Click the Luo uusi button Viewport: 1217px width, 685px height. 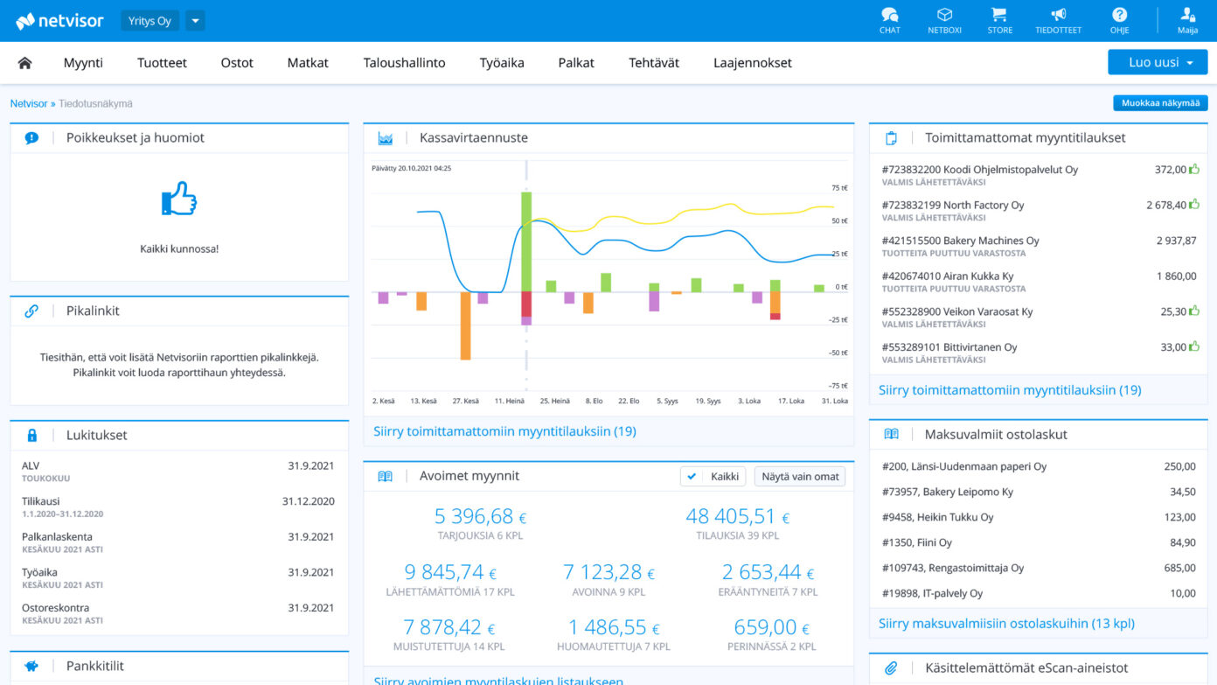[x=1158, y=62]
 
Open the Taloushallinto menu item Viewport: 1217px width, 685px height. [x=404, y=62]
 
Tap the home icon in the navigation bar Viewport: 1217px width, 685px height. [x=24, y=63]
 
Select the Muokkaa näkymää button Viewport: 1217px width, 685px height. [x=1160, y=102]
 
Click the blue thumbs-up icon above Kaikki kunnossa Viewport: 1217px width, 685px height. [x=179, y=199]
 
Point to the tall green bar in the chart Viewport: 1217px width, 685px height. [x=526, y=241]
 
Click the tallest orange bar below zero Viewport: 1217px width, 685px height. [x=465, y=325]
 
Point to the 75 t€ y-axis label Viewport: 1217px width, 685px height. [x=838, y=187]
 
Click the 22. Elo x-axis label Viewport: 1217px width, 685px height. [x=629, y=401]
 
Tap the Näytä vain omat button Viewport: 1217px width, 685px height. [x=800, y=477]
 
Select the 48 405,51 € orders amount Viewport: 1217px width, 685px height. [x=737, y=516]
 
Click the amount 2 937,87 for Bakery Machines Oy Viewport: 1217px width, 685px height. [x=1176, y=241]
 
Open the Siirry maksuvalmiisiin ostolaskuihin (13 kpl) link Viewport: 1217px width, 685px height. [x=1007, y=623]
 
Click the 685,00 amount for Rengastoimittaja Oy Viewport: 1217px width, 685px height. [x=1179, y=568]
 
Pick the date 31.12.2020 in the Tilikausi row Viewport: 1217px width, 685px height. [x=308, y=501]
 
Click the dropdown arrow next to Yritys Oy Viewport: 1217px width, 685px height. [x=195, y=21]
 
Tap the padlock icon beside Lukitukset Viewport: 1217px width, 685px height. [x=32, y=435]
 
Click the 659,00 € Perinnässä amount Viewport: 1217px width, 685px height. [x=771, y=627]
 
